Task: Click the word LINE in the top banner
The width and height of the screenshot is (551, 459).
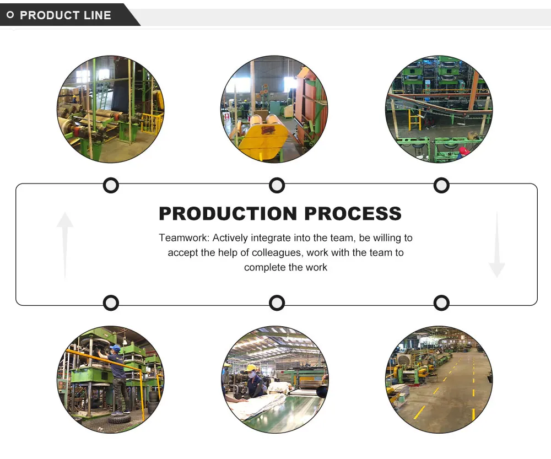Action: [98, 15]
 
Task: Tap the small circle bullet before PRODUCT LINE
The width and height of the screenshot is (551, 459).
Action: [10, 15]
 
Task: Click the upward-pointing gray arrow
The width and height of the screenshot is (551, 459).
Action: [65, 242]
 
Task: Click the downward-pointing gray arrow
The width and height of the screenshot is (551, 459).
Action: [496, 245]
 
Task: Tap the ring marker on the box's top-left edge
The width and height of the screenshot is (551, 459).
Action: [111, 185]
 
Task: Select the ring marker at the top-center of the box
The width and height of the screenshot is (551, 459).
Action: [277, 185]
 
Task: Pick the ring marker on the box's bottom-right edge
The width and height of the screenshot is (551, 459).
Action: [441, 303]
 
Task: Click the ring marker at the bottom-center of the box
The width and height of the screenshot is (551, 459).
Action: [277, 303]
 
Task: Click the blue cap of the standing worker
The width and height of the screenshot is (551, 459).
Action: [115, 348]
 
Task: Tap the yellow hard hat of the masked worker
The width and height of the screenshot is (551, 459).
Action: [251, 368]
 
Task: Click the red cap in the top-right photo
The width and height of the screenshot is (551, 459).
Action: [464, 150]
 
